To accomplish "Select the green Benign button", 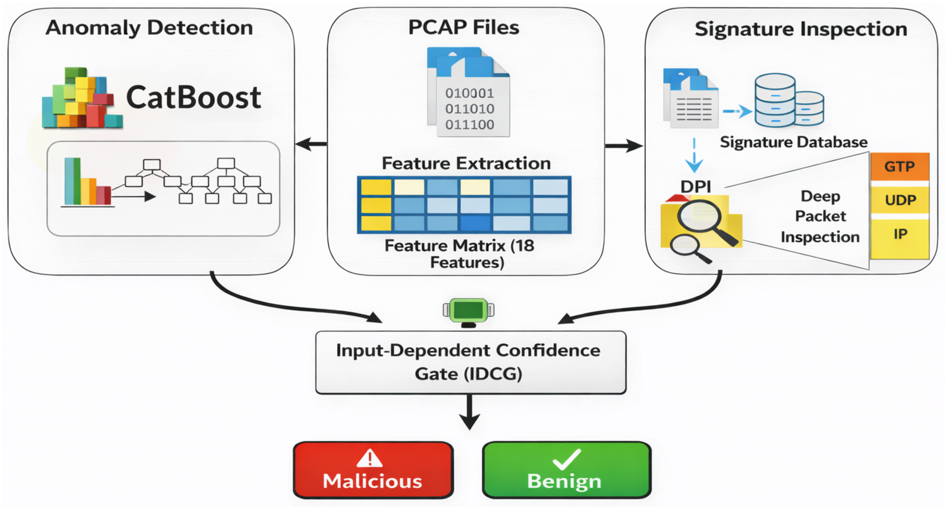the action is click(566, 470).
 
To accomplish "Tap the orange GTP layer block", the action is click(899, 166).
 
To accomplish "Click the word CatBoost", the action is click(193, 97).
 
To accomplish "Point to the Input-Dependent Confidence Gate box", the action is click(471, 362).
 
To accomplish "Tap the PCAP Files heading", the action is click(464, 27).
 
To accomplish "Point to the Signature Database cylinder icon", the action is click(789, 100).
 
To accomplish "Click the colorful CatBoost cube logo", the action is click(82, 98).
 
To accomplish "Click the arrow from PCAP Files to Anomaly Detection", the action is click(311, 144).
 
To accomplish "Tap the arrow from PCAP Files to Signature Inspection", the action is click(624, 146).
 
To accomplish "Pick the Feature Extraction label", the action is click(466, 163).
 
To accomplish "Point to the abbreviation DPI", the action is click(696, 187).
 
